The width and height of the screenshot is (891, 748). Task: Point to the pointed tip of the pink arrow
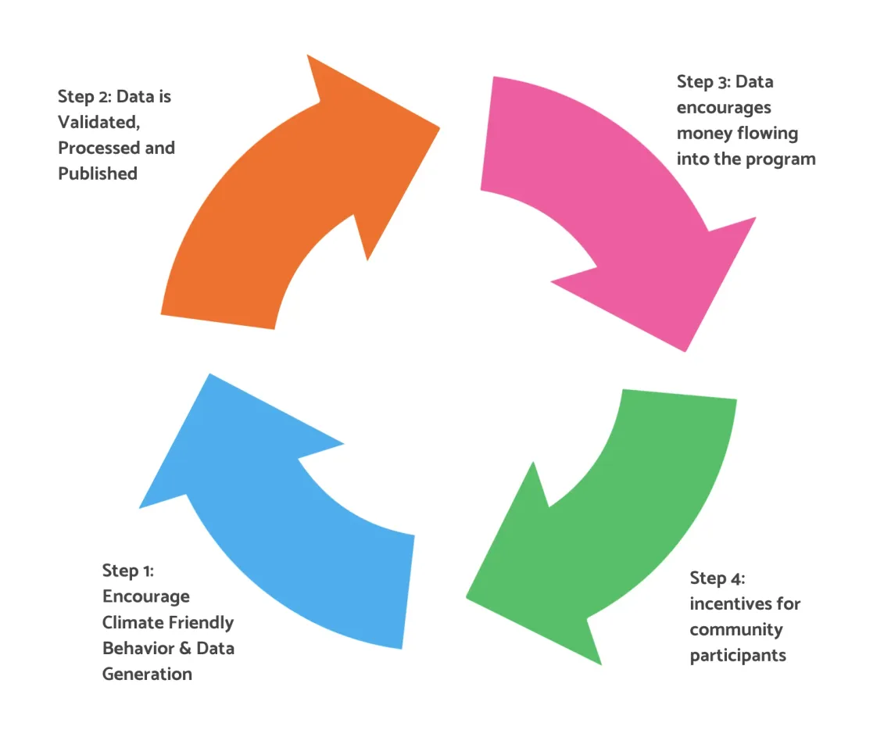tap(685, 349)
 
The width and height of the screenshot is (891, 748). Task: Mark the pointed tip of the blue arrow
tap(209, 376)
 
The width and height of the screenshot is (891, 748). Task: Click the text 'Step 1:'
tap(128, 571)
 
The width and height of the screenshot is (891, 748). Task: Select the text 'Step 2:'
tap(84, 97)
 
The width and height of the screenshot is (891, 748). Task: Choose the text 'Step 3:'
tap(703, 82)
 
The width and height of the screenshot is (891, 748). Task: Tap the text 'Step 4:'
tap(717, 578)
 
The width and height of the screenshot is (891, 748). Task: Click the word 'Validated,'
tap(99, 123)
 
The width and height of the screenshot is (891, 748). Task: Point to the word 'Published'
tap(98, 174)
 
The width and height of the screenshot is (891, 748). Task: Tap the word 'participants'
tap(738, 655)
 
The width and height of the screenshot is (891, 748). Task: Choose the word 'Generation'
tap(147, 674)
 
